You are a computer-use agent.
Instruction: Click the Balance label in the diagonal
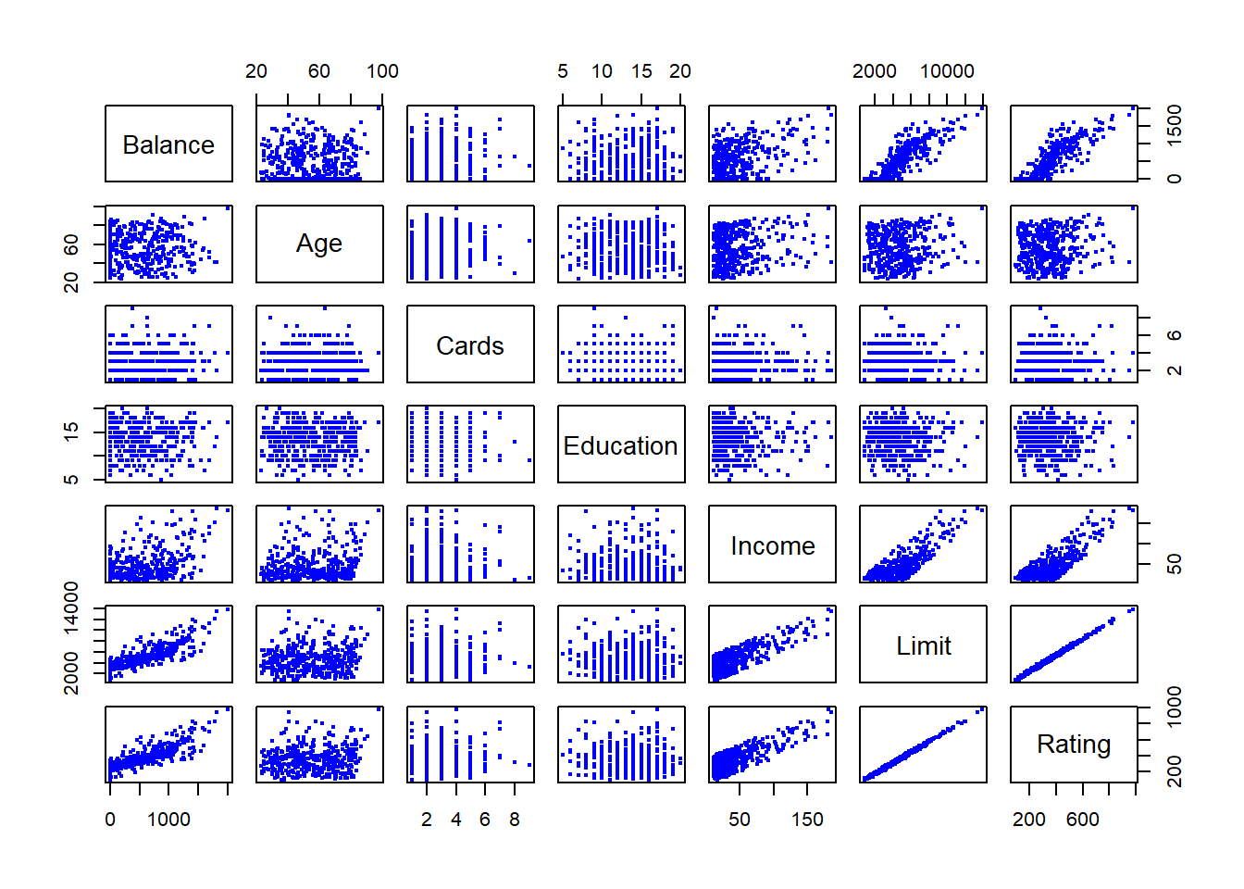[x=168, y=144]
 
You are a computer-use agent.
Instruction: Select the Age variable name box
[x=319, y=244]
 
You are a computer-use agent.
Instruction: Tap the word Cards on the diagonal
[x=470, y=345]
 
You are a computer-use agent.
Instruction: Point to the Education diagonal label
[x=621, y=445]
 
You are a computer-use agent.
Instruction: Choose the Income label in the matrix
[x=772, y=545]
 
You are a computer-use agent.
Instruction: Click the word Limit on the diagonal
[x=923, y=645]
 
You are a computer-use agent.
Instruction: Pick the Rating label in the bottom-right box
[x=1074, y=745]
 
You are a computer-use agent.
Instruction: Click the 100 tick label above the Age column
[x=382, y=71]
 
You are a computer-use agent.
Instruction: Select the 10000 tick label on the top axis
[x=947, y=71]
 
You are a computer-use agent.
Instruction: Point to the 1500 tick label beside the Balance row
[x=1175, y=124]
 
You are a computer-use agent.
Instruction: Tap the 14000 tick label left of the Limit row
[x=71, y=608]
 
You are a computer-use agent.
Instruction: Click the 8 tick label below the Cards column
[x=515, y=820]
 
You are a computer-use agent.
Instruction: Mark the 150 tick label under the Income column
[x=807, y=820]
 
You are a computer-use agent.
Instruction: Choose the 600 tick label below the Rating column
[x=1082, y=820]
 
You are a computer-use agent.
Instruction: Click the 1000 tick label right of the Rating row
[x=1175, y=707]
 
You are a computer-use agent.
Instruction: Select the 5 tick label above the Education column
[x=563, y=71]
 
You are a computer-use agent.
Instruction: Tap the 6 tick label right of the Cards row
[x=1175, y=335]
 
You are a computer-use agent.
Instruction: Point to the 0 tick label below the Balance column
[x=110, y=820]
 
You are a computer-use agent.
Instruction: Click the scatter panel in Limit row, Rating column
[x=1074, y=645]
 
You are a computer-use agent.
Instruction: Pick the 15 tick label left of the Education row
[x=71, y=430]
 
